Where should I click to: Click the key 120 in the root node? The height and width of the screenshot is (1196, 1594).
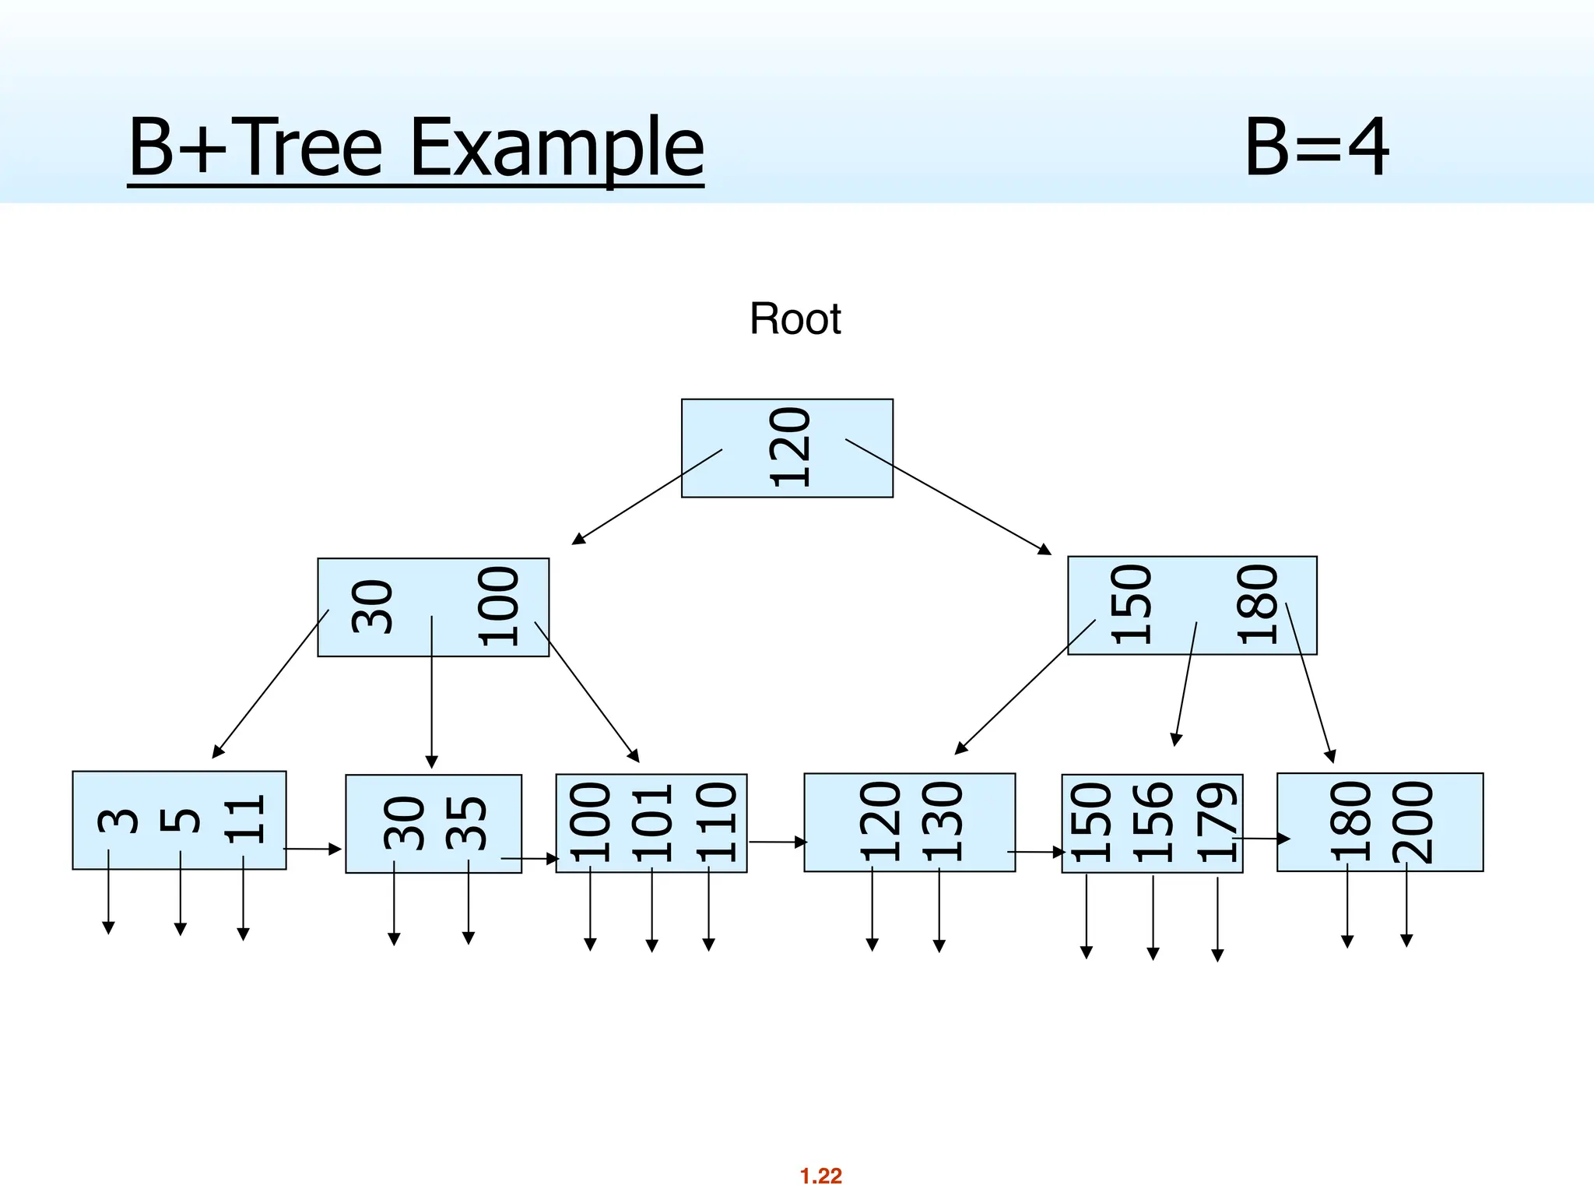pyautogui.click(x=790, y=448)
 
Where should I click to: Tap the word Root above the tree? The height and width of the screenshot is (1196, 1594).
pyautogui.click(x=795, y=319)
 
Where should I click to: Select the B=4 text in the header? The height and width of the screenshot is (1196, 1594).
pyautogui.click(x=1316, y=147)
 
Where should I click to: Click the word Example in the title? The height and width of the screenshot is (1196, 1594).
pyautogui.click(x=556, y=147)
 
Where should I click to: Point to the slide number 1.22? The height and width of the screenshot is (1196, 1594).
pyautogui.click(x=821, y=1176)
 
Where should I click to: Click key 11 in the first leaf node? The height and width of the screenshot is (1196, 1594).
pyautogui.click(x=244, y=820)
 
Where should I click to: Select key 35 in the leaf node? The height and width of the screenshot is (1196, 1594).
pyautogui.click(x=466, y=823)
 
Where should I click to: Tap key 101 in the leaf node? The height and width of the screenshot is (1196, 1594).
pyautogui.click(x=652, y=824)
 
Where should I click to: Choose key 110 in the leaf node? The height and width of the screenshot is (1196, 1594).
pyautogui.click(x=715, y=824)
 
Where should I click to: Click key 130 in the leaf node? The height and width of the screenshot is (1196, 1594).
pyautogui.click(x=943, y=822)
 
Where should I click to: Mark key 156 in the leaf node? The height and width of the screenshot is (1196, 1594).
pyautogui.click(x=1153, y=824)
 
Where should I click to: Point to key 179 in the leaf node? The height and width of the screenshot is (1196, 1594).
pyautogui.click(x=1217, y=824)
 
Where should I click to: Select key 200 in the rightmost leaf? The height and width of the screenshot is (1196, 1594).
pyautogui.click(x=1413, y=822)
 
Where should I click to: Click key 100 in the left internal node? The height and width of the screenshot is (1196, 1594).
pyautogui.click(x=498, y=607)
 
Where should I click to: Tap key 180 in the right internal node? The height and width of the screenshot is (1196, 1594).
pyautogui.click(x=1258, y=605)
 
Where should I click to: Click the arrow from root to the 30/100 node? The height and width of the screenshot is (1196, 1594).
pyautogui.click(x=648, y=496)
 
